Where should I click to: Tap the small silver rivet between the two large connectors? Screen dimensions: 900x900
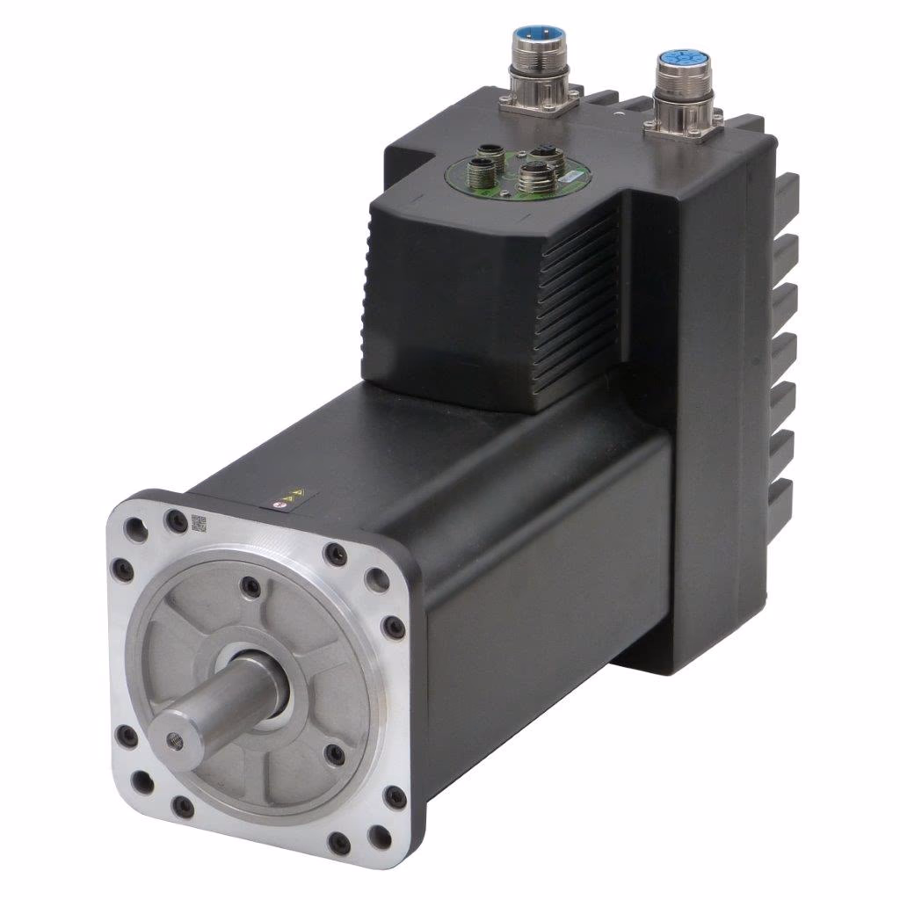pyautogui.click(x=621, y=113)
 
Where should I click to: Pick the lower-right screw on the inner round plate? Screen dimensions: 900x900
pyautogui.click(x=335, y=752)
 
